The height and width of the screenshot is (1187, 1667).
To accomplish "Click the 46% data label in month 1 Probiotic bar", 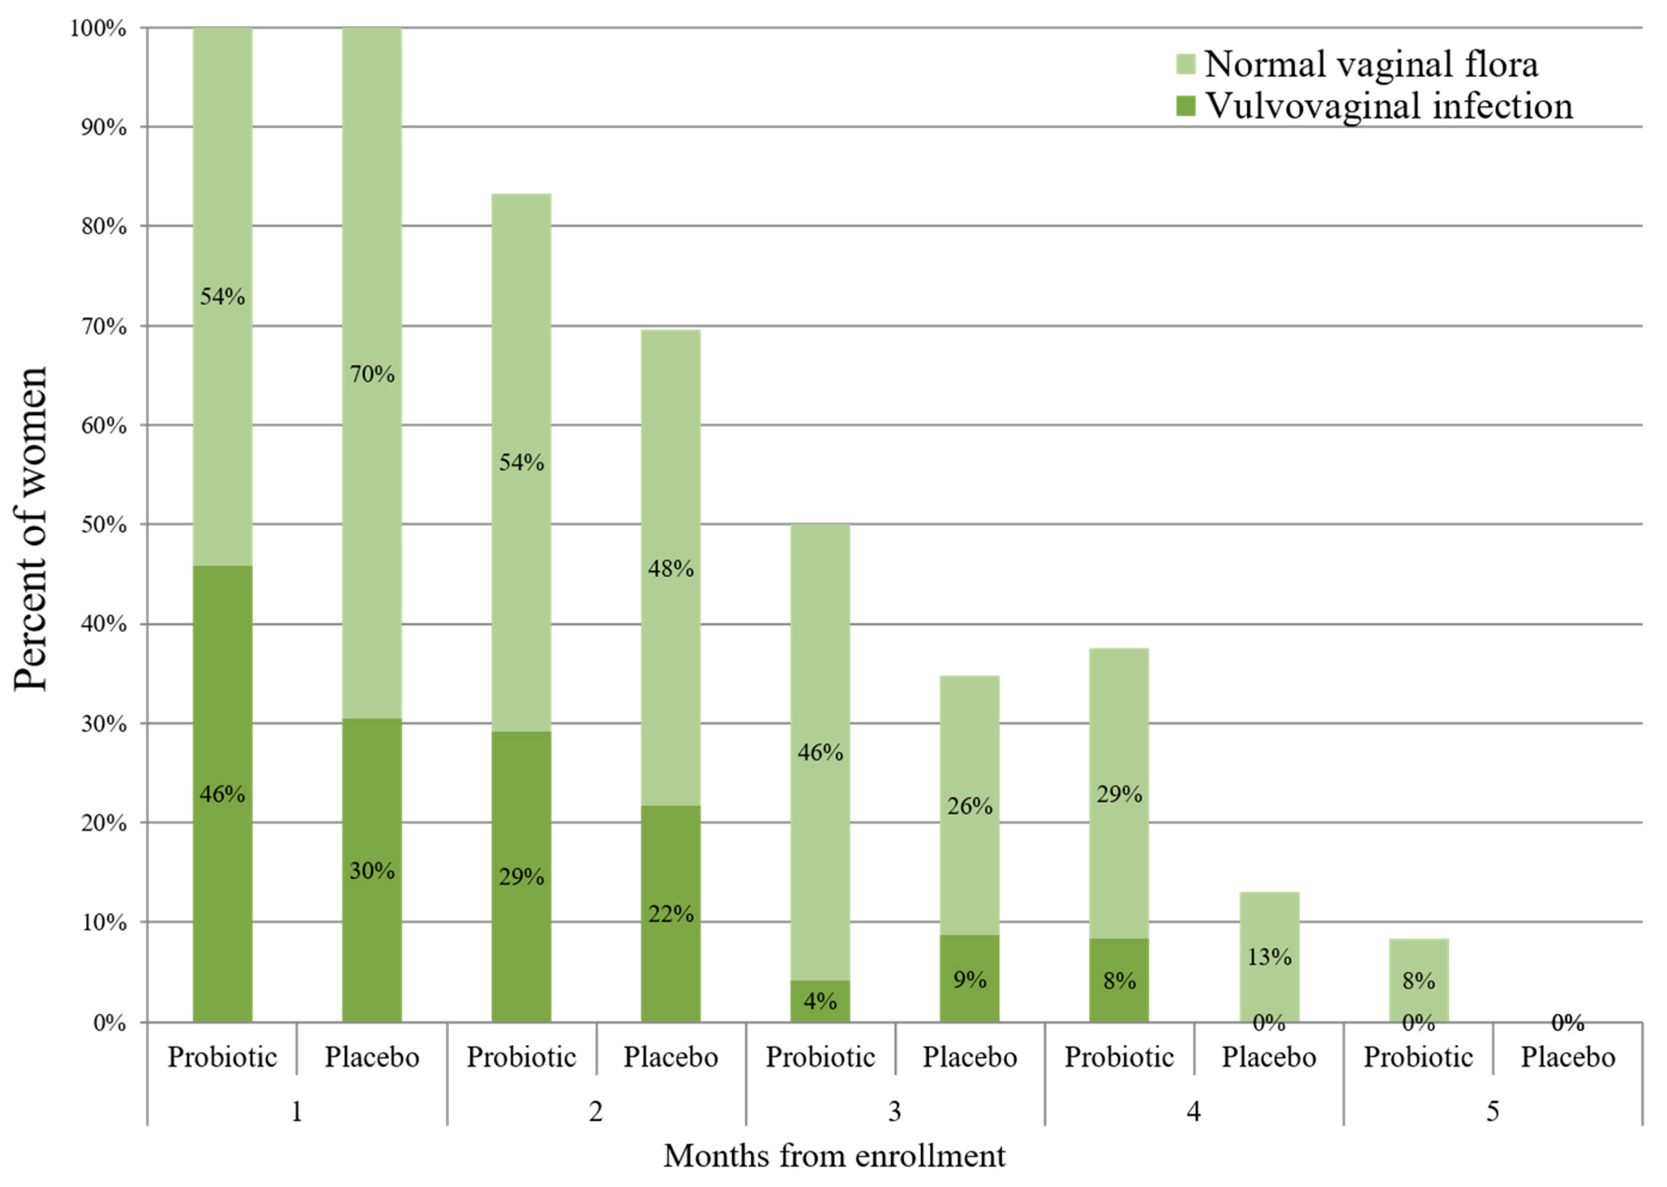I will click(x=222, y=794).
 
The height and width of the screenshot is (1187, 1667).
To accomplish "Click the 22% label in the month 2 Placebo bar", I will click(x=670, y=914).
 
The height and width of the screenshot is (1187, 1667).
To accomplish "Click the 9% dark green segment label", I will click(x=969, y=979).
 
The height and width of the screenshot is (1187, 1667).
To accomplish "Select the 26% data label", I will click(x=969, y=806).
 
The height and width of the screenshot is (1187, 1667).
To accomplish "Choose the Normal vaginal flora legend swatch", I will click(x=1185, y=64).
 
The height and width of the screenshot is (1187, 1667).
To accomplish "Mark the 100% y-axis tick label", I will click(x=98, y=28).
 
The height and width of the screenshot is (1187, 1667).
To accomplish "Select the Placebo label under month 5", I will click(x=1567, y=1057).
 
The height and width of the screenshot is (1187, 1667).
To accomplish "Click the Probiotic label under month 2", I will click(x=521, y=1057).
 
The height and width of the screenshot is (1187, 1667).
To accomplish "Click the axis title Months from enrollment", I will click(x=834, y=1156).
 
